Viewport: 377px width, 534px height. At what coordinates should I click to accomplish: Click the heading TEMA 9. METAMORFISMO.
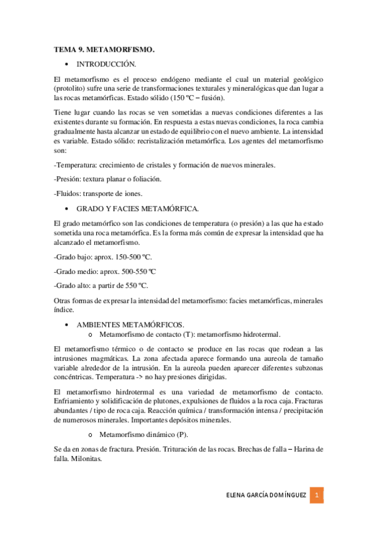pos(104,48)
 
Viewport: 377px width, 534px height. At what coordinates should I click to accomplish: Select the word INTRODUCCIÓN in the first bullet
pos(106,64)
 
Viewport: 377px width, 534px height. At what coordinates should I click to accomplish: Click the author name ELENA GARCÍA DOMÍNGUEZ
pos(266,496)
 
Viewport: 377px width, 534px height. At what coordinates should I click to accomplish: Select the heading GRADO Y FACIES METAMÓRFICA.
pos(138,208)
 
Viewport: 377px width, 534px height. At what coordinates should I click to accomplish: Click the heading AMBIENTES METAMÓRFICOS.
pos(130,324)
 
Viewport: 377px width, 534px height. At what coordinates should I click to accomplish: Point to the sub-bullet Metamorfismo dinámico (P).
pos(143,435)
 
